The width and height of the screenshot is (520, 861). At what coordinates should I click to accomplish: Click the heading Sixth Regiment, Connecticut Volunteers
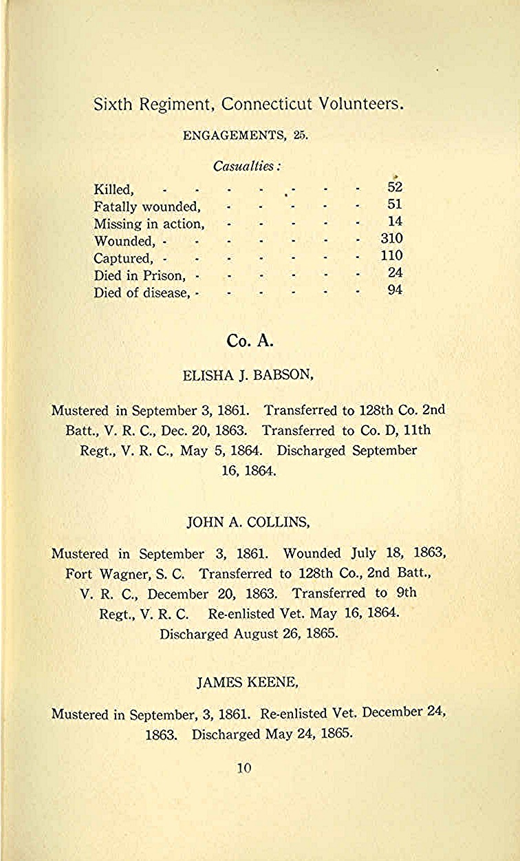[x=248, y=105]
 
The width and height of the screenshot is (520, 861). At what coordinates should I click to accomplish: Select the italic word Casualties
[x=248, y=167]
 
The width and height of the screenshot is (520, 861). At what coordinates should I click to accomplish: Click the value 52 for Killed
[x=395, y=187]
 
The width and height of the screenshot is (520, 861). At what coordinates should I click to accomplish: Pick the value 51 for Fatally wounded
[x=395, y=204]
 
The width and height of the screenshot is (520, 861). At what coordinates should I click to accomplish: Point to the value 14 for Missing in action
[x=395, y=222]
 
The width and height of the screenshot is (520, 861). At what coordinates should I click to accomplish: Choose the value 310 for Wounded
[x=391, y=239]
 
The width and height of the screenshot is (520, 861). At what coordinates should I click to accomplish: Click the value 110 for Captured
[x=391, y=256]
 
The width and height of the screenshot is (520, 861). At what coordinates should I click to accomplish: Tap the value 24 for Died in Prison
[x=395, y=273]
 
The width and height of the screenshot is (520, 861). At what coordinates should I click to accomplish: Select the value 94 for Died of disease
[x=395, y=290]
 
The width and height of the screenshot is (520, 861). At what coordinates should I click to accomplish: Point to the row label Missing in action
[x=149, y=224]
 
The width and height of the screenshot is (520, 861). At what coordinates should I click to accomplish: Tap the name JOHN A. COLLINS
[x=248, y=522]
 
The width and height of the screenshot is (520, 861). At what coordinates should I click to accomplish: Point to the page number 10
[x=244, y=769]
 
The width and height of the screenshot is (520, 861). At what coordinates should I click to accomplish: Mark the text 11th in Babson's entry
[x=417, y=431]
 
